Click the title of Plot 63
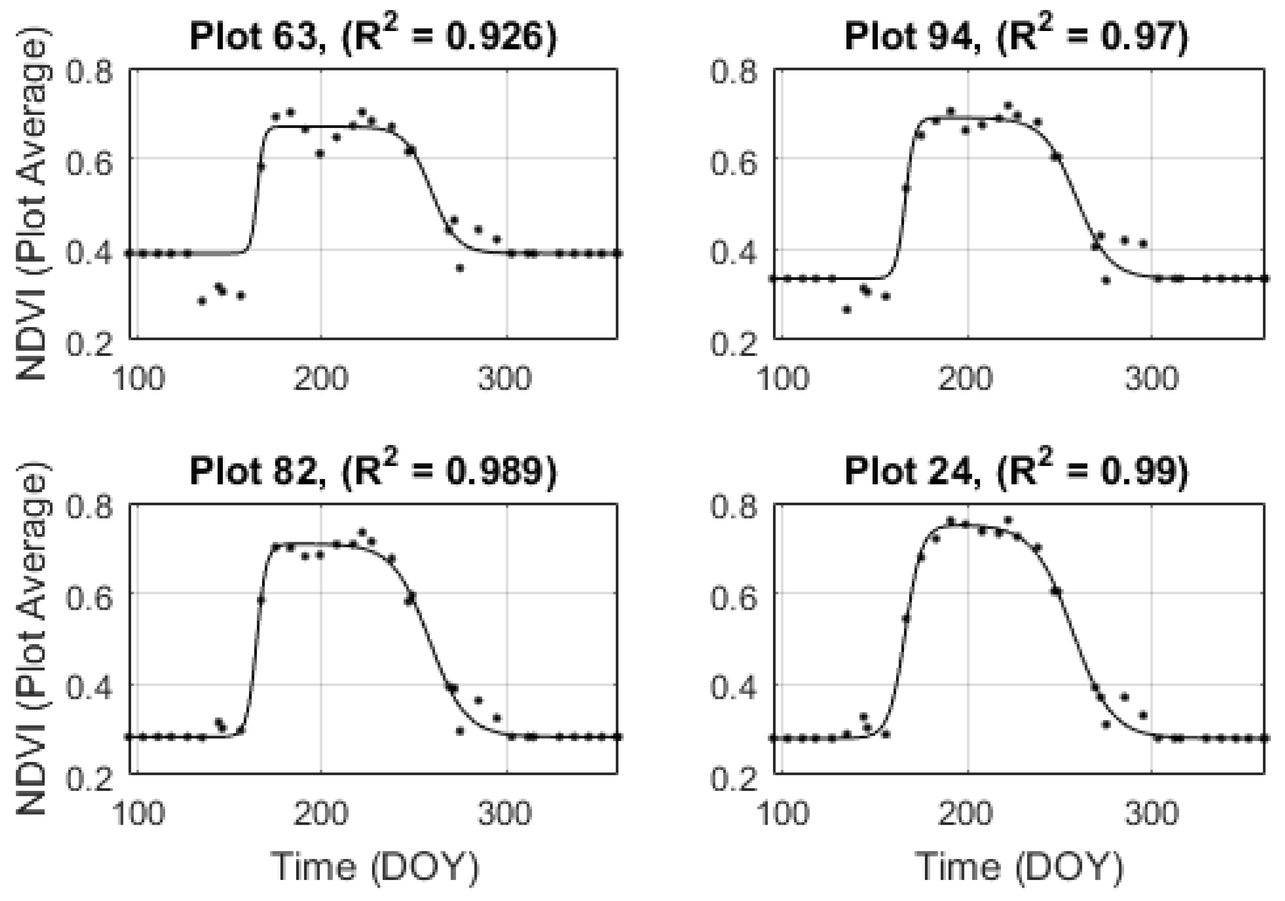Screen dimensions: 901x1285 (373, 36)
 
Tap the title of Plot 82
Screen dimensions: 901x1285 (373, 471)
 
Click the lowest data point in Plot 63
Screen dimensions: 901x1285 (202, 301)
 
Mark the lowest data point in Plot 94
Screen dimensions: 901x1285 (846, 309)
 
